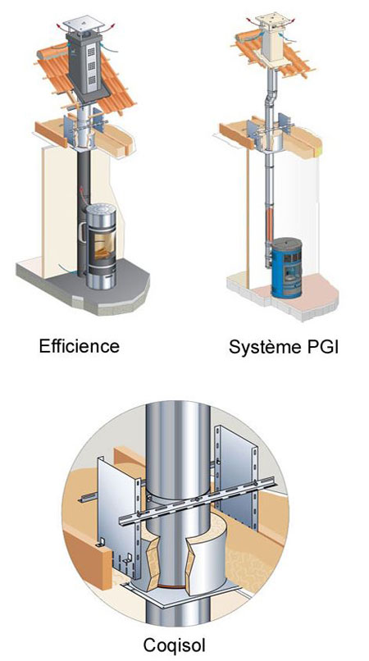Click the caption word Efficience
(80, 346)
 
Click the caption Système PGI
(283, 347)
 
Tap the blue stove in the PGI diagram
(286, 268)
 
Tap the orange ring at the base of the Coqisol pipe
(173, 587)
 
